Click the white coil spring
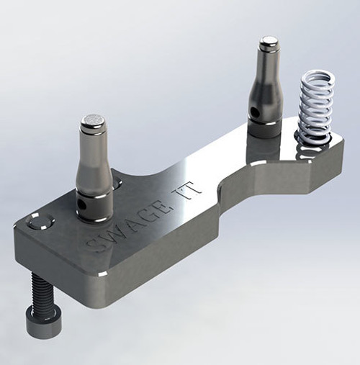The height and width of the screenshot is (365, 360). pyautogui.click(x=316, y=109)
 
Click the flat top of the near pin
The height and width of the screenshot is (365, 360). pyautogui.click(x=93, y=120)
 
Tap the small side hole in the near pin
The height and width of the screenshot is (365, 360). pyautogui.click(x=83, y=204)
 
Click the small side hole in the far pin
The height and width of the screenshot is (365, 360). pyautogui.click(x=254, y=110)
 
